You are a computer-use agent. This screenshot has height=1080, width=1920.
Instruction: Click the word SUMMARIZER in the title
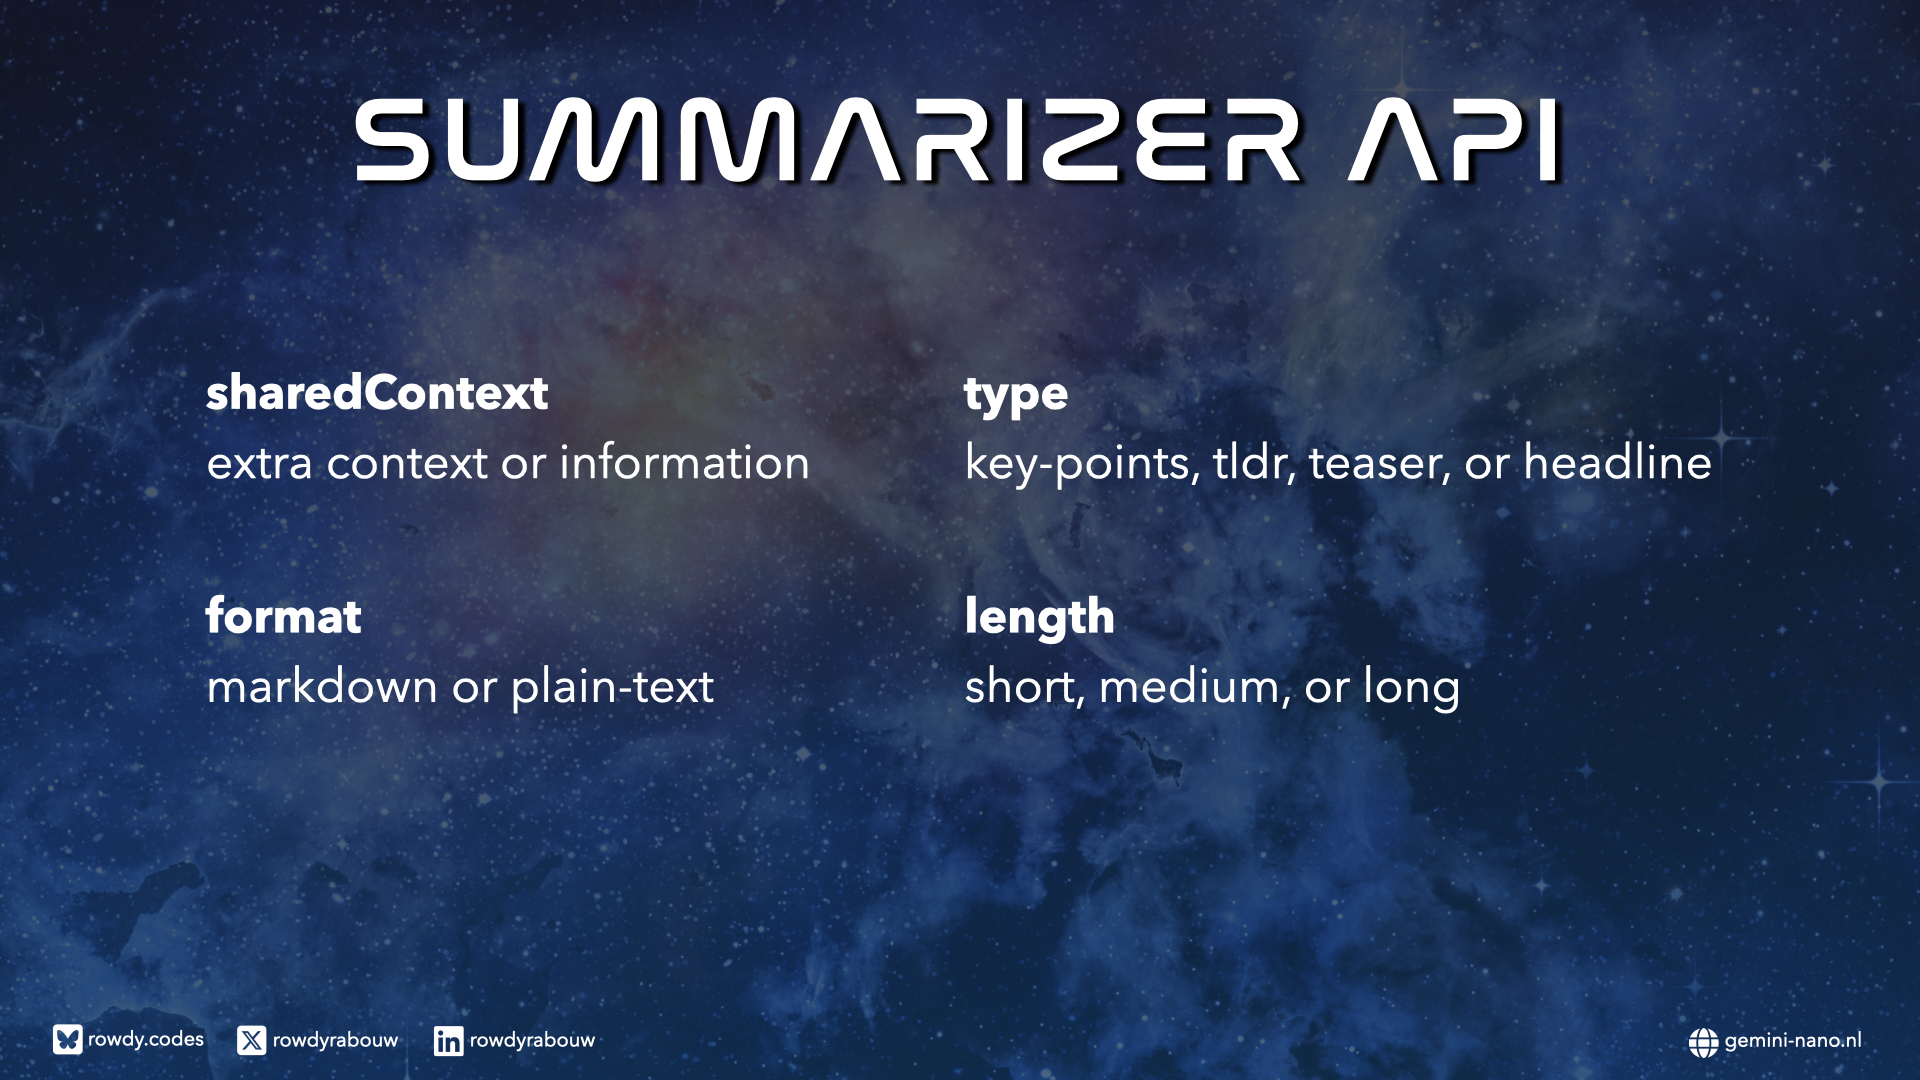(x=828, y=140)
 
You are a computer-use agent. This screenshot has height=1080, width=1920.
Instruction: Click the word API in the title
(x=1455, y=140)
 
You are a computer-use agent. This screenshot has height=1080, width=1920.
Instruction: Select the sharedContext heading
(x=377, y=393)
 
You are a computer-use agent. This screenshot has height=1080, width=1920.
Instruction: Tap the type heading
(x=1016, y=396)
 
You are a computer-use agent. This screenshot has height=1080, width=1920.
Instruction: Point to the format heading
(x=283, y=616)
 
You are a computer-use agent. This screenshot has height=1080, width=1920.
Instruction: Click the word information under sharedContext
(x=684, y=463)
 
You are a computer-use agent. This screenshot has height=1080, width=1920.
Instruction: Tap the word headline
(x=1617, y=463)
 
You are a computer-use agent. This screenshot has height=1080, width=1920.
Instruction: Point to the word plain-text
(x=612, y=688)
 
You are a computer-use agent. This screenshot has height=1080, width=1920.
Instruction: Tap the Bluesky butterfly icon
(x=68, y=1040)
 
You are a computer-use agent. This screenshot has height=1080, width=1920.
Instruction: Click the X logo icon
(x=252, y=1040)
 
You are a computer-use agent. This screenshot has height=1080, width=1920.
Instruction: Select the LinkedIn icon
(x=448, y=1041)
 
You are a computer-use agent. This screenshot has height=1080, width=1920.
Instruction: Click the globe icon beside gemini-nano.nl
(x=1703, y=1042)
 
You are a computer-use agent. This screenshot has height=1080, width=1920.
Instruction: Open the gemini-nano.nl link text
(x=1793, y=1041)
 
